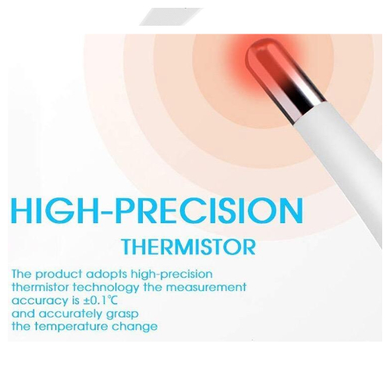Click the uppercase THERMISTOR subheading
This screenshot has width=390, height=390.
pos(189,246)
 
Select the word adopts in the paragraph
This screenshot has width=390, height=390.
pos(104,275)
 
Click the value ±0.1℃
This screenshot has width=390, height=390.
pos(100,300)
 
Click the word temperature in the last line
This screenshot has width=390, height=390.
pos(71,327)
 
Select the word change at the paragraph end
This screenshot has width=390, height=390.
pos(134,327)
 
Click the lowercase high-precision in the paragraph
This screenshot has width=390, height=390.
pos(168,275)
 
